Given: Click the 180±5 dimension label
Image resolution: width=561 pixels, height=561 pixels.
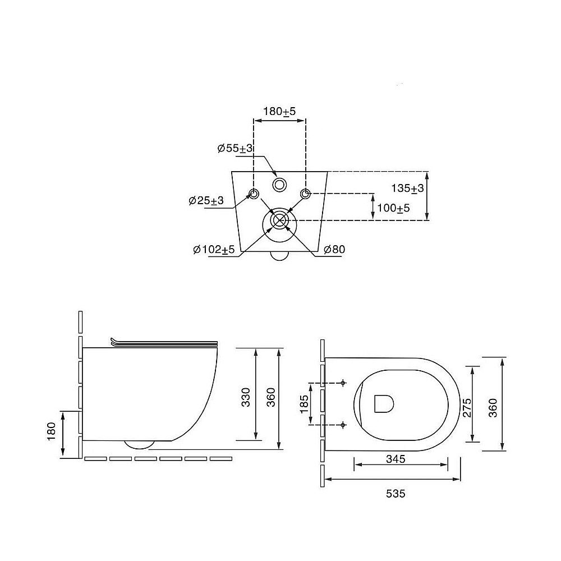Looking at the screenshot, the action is (x=279, y=111).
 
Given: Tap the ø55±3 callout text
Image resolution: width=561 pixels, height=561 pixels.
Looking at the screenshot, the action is (x=235, y=148).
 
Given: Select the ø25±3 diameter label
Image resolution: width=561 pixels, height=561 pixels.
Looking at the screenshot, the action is (x=206, y=200).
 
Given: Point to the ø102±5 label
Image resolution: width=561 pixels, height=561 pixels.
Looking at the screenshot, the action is (x=214, y=250).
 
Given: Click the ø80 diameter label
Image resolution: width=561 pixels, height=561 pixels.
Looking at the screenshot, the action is (x=334, y=250).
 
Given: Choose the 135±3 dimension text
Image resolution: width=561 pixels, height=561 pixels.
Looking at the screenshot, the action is (x=407, y=188).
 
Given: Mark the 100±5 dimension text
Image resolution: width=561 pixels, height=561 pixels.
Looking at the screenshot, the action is (x=394, y=208).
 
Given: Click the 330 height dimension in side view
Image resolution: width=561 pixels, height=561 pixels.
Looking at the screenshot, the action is (x=246, y=397).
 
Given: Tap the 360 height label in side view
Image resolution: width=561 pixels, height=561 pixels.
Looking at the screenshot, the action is (x=271, y=397).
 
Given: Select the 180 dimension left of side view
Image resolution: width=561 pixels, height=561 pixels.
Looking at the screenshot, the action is (x=52, y=431).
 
